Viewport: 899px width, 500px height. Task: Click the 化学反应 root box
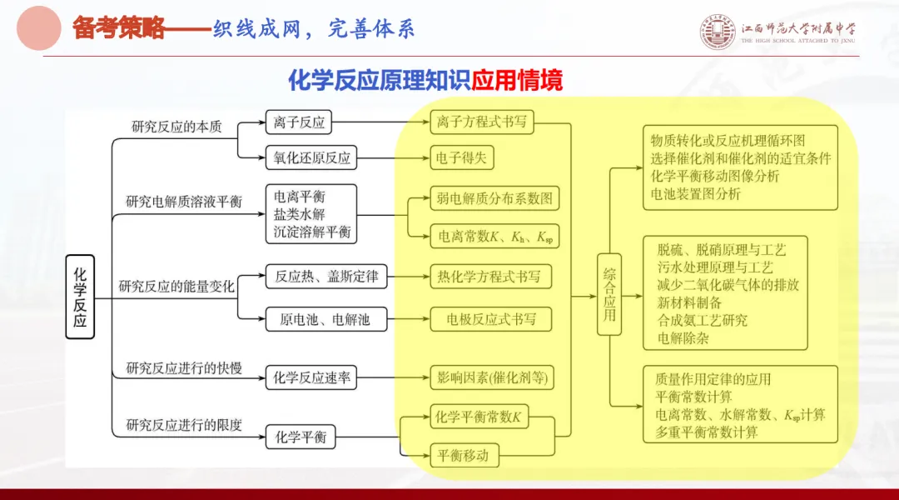pos(80,297)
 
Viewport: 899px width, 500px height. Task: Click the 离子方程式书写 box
pos(482,122)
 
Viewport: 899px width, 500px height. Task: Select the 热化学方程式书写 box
pos(489,276)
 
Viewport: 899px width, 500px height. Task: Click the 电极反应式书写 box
pos(490,318)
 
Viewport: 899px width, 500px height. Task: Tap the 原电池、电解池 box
pos(325,318)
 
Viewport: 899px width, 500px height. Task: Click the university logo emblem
pos(718,32)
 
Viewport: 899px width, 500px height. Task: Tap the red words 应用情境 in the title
pos(517,80)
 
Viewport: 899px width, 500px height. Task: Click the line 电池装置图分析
pos(695,194)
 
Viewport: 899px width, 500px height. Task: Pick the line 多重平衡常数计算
pos(706,432)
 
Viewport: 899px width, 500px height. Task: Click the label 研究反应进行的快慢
pos(184,367)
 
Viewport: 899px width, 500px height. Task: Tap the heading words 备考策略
pos(118,28)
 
